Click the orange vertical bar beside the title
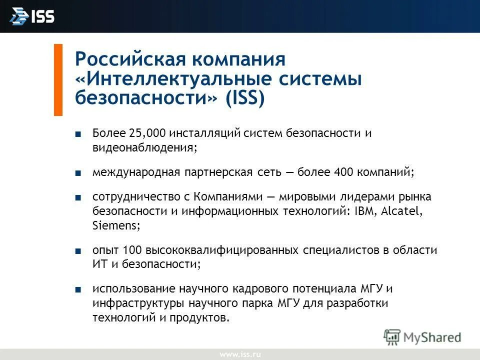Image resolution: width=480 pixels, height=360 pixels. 58,80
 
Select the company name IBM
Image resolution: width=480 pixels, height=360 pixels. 366,211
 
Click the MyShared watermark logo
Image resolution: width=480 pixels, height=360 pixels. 422,337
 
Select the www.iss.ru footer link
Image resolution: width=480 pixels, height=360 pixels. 240,354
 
